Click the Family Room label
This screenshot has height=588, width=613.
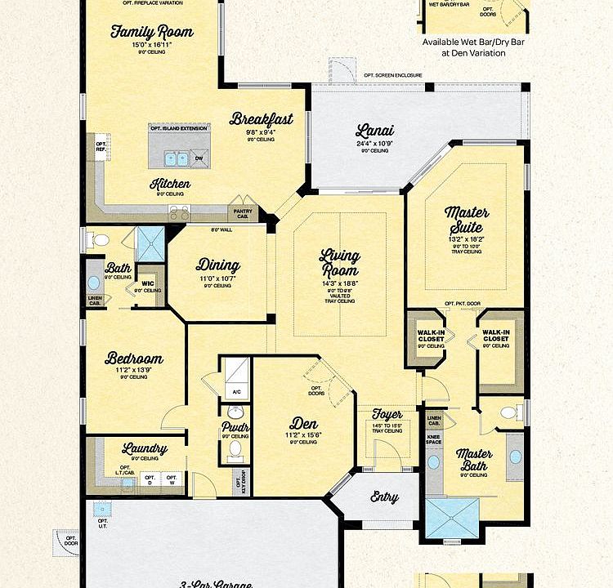(x=152, y=32)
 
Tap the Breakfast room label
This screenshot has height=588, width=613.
(x=262, y=119)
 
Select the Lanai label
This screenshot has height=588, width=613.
(x=375, y=130)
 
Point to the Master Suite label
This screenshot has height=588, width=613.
(x=467, y=219)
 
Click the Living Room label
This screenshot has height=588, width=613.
(x=339, y=263)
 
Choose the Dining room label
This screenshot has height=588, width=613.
(x=217, y=265)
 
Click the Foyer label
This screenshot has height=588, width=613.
(x=387, y=414)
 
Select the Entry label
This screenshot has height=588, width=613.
(x=384, y=496)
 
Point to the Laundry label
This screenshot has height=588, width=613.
(x=145, y=448)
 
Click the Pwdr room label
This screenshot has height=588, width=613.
(x=235, y=426)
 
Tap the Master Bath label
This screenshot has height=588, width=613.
(x=474, y=460)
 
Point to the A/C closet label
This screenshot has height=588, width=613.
(x=236, y=392)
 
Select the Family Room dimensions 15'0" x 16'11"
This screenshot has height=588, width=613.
(x=152, y=45)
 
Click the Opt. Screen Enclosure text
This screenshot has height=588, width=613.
(x=393, y=75)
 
